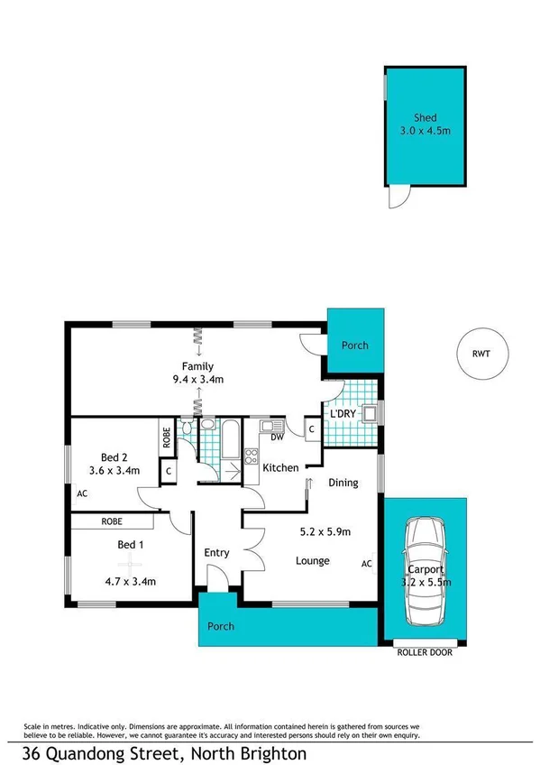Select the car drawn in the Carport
(425, 573)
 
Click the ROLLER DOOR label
(423, 652)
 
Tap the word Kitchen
(280, 467)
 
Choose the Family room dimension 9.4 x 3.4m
(197, 380)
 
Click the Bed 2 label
(114, 455)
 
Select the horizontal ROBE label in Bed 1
(112, 521)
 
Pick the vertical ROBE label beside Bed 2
(167, 437)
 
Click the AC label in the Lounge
(367, 564)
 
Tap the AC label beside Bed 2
(81, 493)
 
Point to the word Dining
(343, 483)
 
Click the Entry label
(216, 553)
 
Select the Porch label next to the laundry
(354, 346)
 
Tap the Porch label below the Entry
(221, 626)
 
